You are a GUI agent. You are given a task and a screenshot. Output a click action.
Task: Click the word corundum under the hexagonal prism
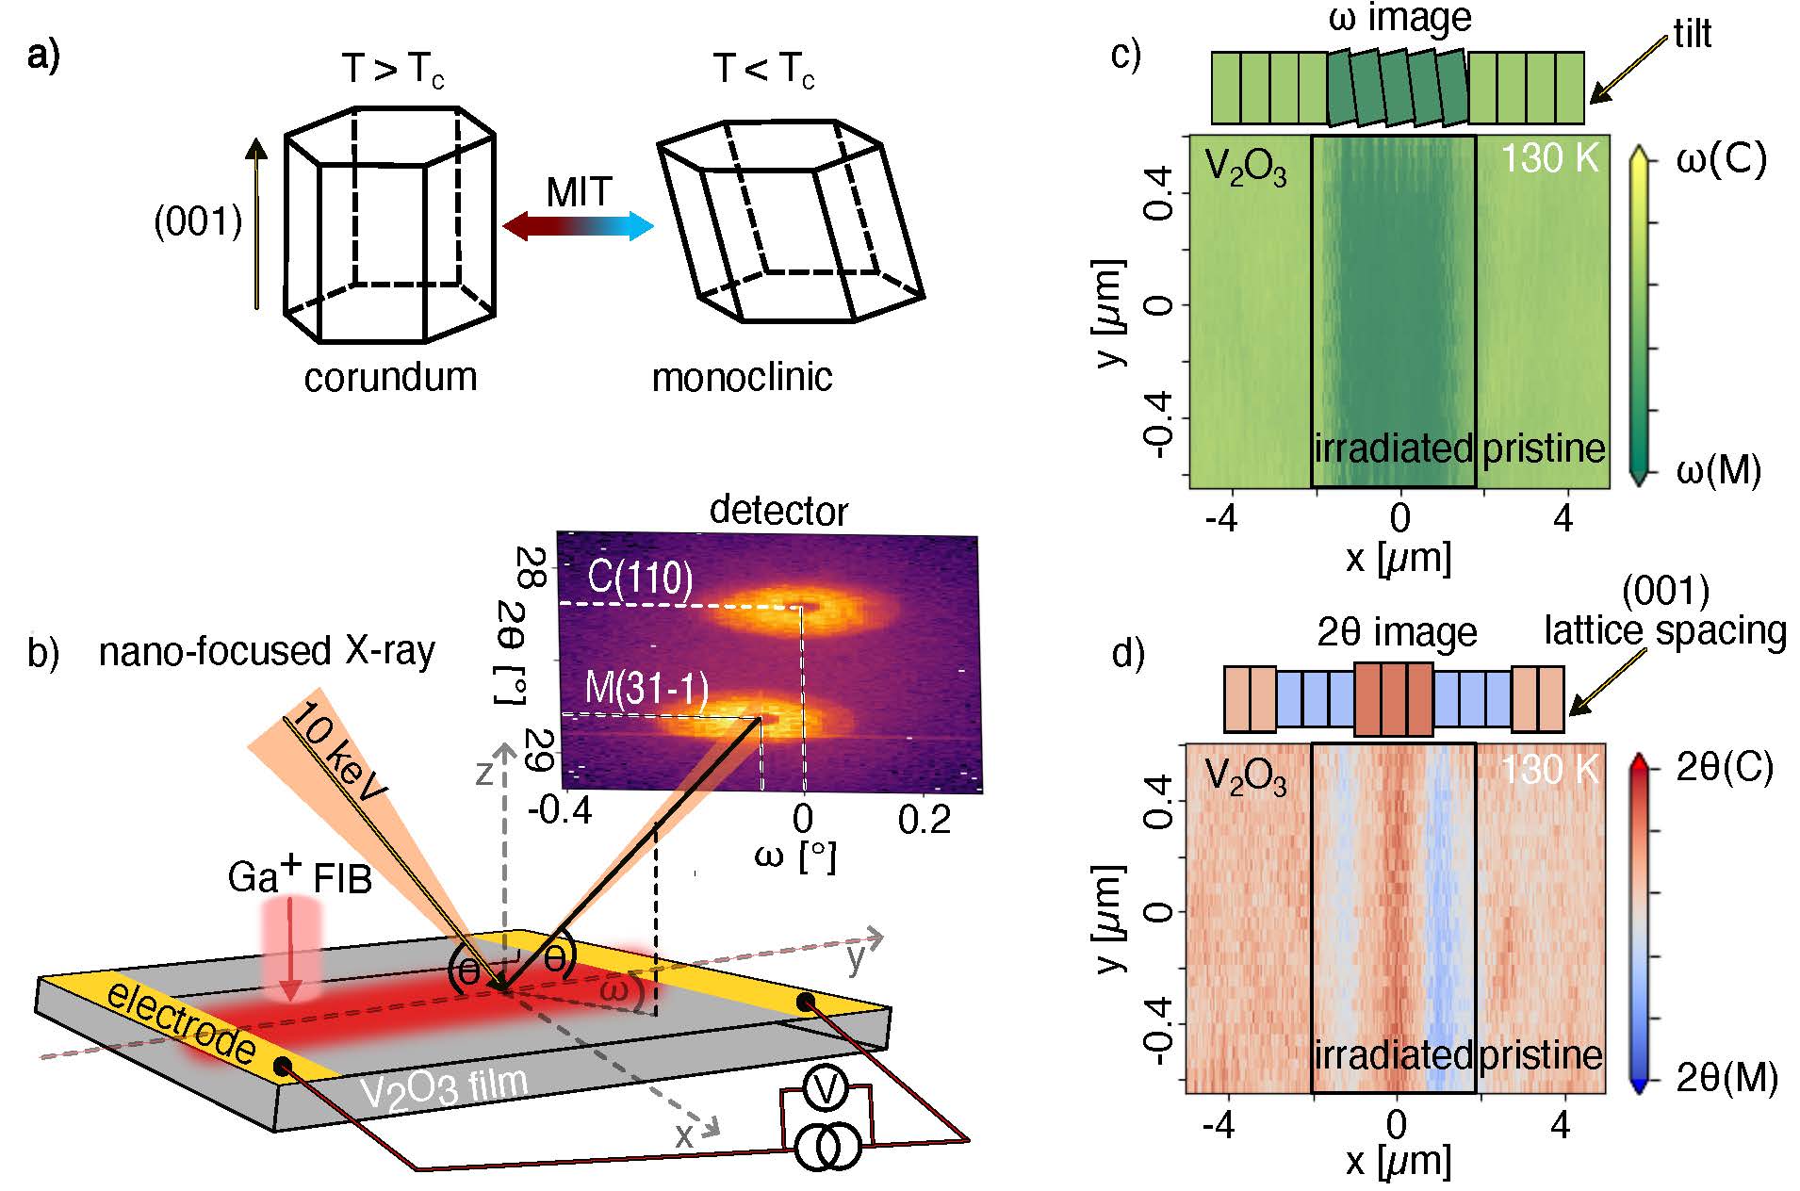click(x=390, y=377)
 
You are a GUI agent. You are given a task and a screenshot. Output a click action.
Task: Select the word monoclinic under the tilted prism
click(x=742, y=377)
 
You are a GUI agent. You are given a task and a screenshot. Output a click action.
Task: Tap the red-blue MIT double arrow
click(x=578, y=226)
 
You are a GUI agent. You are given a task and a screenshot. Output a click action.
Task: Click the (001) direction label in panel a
click(x=198, y=221)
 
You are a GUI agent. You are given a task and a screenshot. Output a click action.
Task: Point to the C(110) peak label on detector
click(x=640, y=577)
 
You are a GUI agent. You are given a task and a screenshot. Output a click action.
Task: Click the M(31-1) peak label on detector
click(x=646, y=689)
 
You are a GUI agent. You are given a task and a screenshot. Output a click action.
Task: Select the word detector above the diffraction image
click(x=778, y=510)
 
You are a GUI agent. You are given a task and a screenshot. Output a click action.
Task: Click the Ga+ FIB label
click(x=300, y=877)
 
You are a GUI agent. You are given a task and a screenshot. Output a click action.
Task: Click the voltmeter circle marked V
click(x=826, y=1090)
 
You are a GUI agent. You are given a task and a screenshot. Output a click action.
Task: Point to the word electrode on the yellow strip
click(x=181, y=1022)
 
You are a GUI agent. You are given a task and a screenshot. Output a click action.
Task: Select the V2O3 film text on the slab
click(x=444, y=1088)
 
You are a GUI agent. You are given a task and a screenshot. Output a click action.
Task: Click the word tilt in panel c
click(x=1692, y=34)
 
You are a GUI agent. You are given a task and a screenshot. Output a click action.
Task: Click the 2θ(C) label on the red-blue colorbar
click(x=1725, y=768)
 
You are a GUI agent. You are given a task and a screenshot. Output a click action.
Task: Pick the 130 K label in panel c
click(x=1549, y=158)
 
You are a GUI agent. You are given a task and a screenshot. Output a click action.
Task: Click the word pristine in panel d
click(x=1541, y=1053)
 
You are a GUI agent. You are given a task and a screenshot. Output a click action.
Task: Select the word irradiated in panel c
click(x=1393, y=448)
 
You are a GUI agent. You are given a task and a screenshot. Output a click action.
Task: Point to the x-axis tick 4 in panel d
click(x=1560, y=1125)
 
